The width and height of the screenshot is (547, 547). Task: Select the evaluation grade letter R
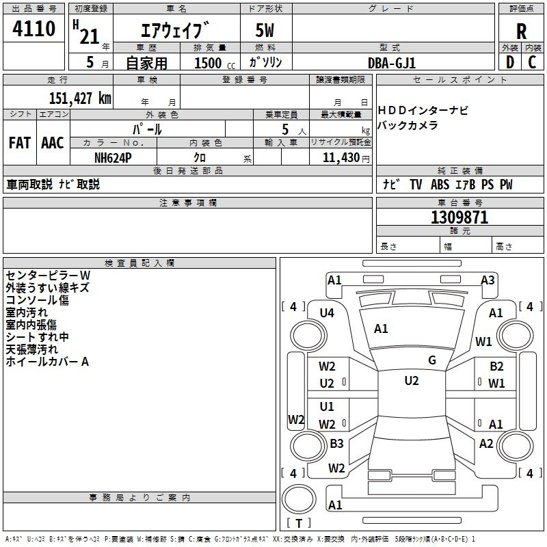pyautogui.click(x=521, y=32)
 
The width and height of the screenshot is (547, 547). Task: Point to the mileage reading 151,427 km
pyautogui.click(x=80, y=98)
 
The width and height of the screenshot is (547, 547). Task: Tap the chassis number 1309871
pyautogui.click(x=459, y=217)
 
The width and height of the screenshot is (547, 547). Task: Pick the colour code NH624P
pyautogui.click(x=113, y=157)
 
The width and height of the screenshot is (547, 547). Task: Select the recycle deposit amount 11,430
pyautogui.click(x=340, y=157)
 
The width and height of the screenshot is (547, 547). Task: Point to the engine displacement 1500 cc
pyautogui.click(x=212, y=63)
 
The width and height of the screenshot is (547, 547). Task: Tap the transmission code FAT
pyautogui.click(x=19, y=142)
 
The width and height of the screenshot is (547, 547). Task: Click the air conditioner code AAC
pyautogui.click(x=52, y=142)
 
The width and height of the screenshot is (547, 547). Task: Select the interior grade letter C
pyautogui.click(x=532, y=62)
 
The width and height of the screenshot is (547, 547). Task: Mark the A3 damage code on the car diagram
pyautogui.click(x=488, y=280)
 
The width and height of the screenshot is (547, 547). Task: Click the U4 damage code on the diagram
pyautogui.click(x=327, y=313)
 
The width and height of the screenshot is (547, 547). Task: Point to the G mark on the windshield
pyautogui.click(x=432, y=360)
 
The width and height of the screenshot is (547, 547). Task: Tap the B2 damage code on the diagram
pyautogui.click(x=496, y=366)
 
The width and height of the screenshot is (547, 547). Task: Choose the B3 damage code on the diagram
pyautogui.click(x=336, y=444)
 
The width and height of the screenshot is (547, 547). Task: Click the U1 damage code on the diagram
pyautogui.click(x=327, y=407)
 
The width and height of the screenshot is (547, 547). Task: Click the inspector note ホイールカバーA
pyautogui.click(x=47, y=362)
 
